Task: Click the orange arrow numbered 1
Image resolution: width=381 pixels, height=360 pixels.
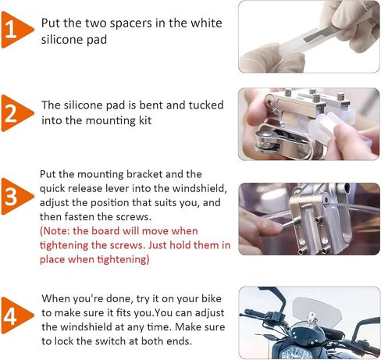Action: coord(16,30)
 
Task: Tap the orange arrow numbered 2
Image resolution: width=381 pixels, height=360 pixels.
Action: coord(16,113)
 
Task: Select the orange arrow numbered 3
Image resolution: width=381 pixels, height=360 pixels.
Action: coord(16,197)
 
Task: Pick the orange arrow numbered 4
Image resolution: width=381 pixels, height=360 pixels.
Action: coord(16,315)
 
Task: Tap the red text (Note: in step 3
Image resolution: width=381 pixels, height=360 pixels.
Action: coord(55,231)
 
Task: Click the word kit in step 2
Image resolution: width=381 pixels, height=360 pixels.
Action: coord(145,121)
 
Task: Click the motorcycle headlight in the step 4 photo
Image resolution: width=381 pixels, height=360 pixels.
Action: coord(297,353)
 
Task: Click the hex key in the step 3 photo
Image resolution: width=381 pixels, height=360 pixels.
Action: coord(288,224)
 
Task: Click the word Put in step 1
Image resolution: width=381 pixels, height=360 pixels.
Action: coord(50,23)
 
